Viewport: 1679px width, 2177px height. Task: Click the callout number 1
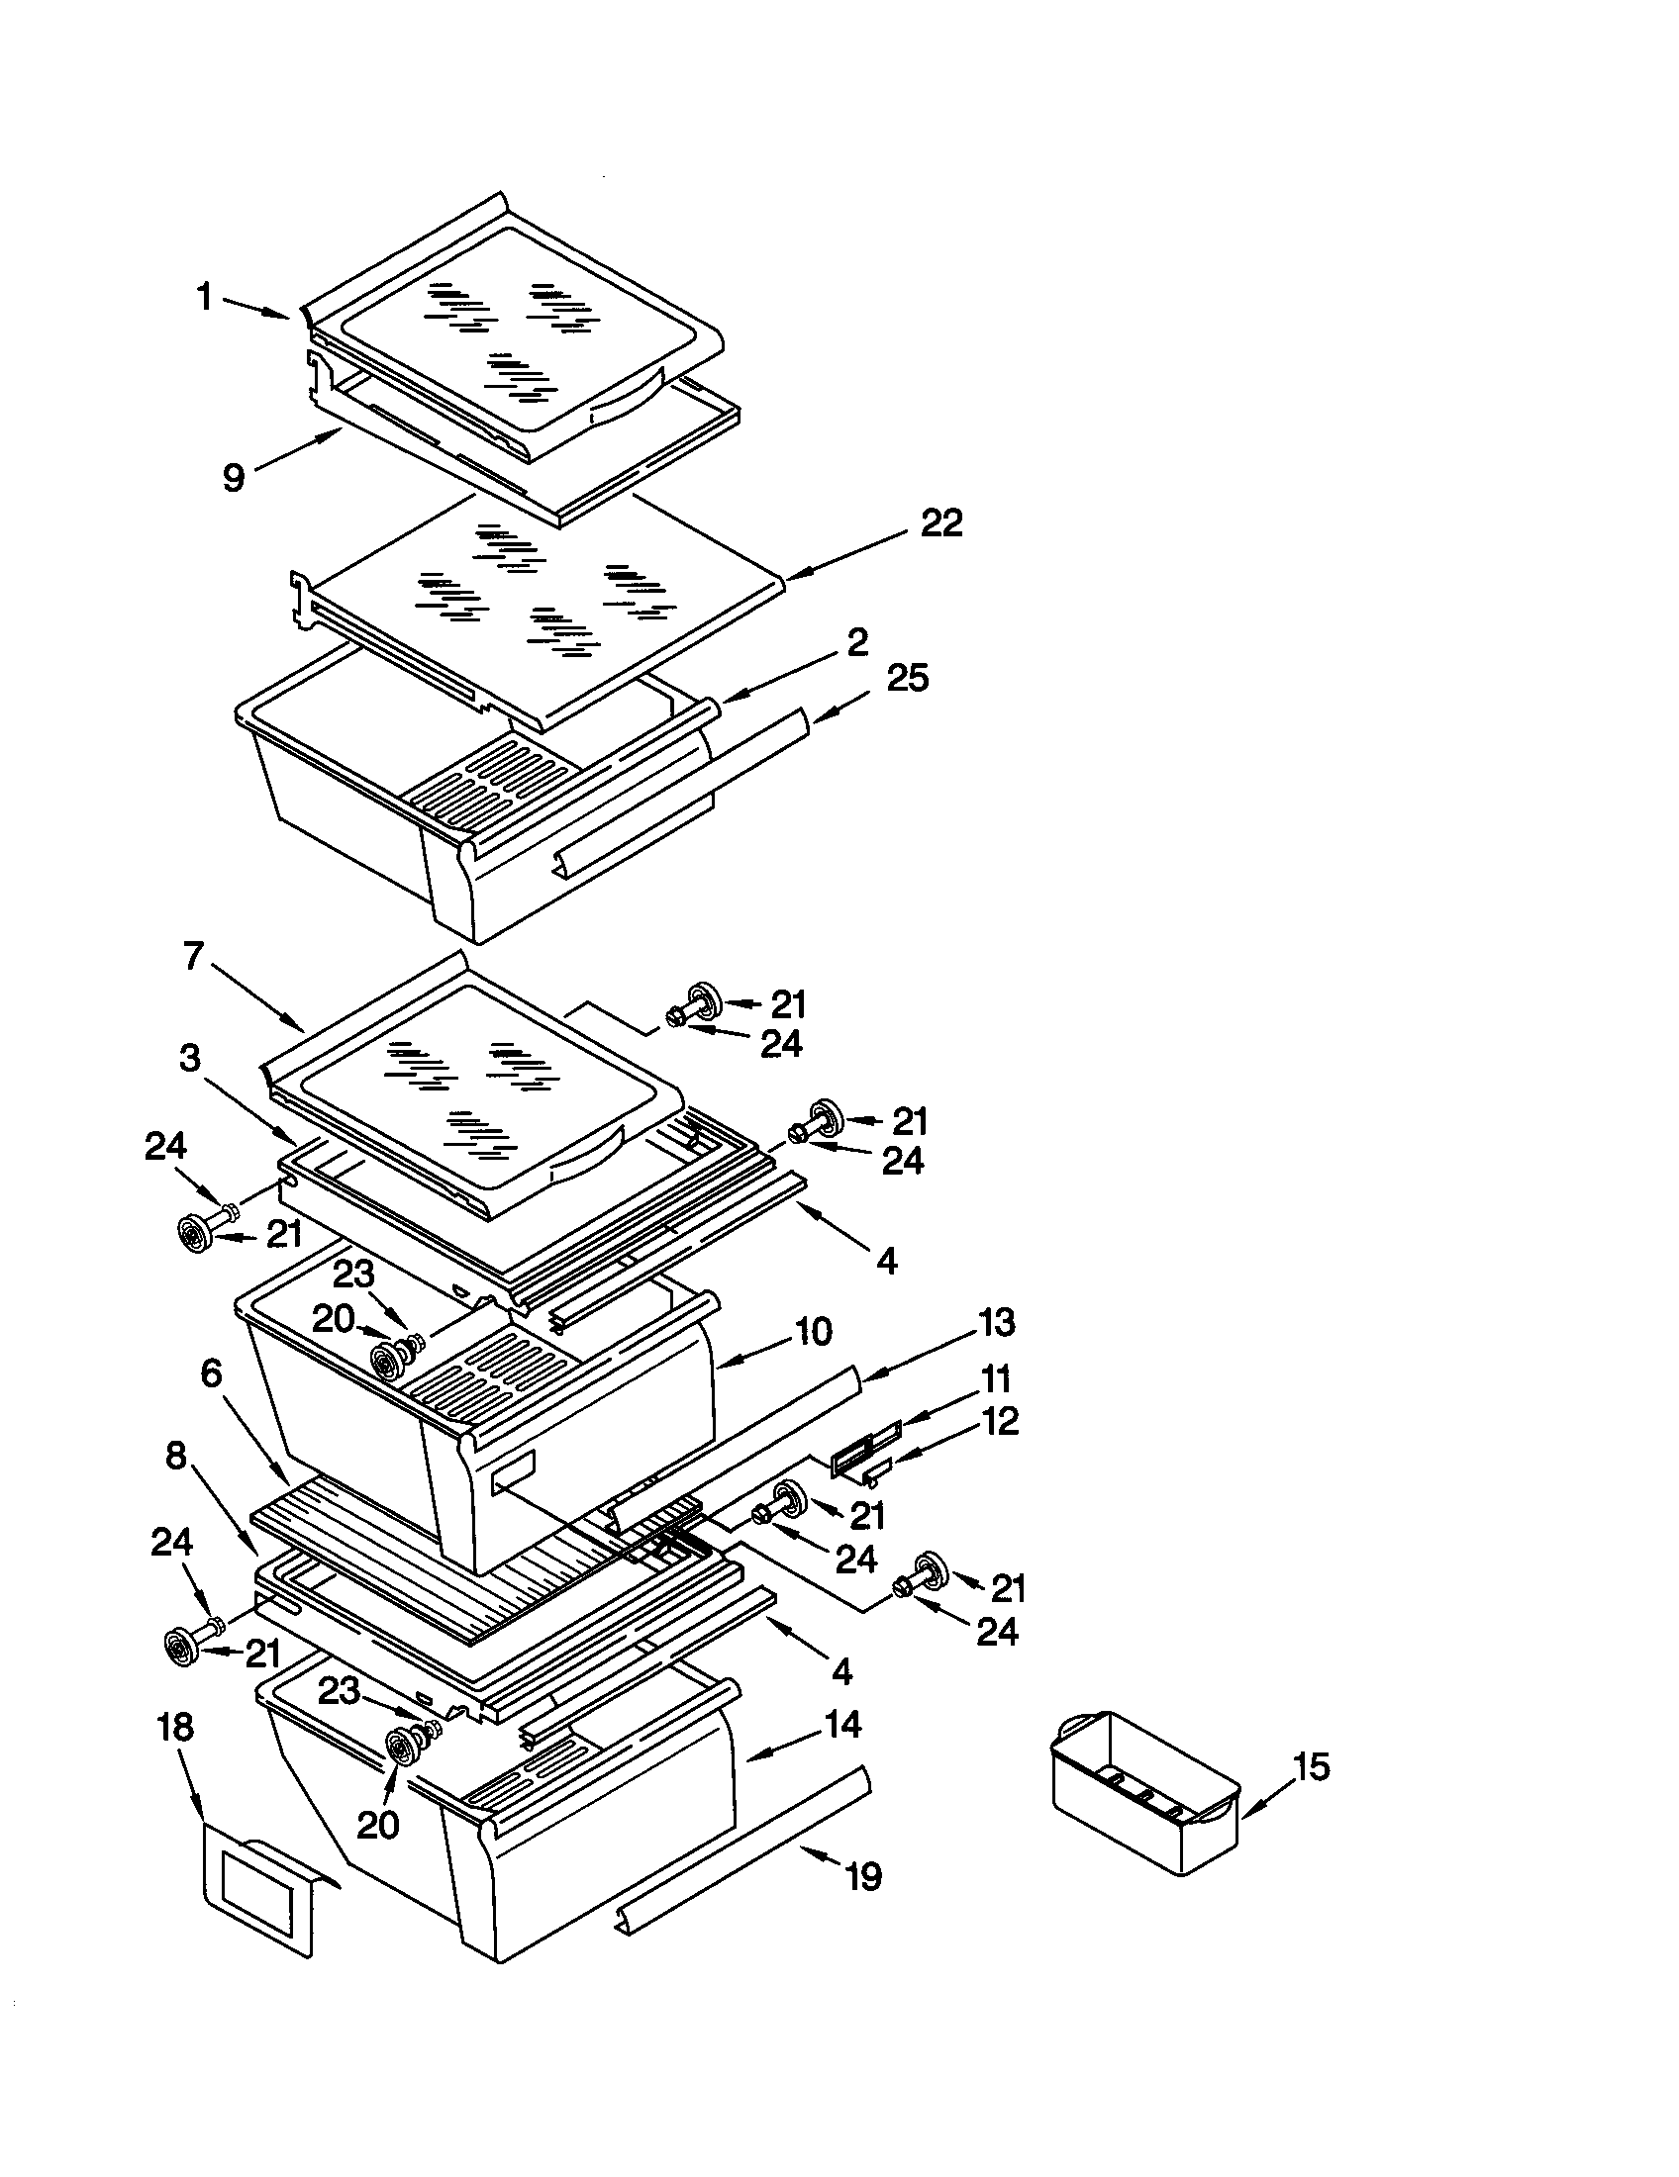tap(204, 296)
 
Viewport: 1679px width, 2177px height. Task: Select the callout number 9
tap(233, 478)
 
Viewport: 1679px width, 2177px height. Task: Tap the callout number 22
tap(941, 523)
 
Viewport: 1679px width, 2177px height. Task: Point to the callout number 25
tap(906, 678)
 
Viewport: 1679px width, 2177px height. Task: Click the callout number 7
tap(193, 957)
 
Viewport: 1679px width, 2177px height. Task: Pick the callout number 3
tap(190, 1058)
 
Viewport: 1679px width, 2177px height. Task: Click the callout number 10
tap(814, 1331)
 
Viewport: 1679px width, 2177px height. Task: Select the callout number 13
tap(996, 1322)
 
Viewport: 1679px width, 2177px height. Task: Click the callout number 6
tap(211, 1373)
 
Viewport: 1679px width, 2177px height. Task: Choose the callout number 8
tap(175, 1457)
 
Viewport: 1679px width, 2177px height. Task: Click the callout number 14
tap(843, 1724)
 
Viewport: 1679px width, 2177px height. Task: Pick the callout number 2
tap(856, 641)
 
